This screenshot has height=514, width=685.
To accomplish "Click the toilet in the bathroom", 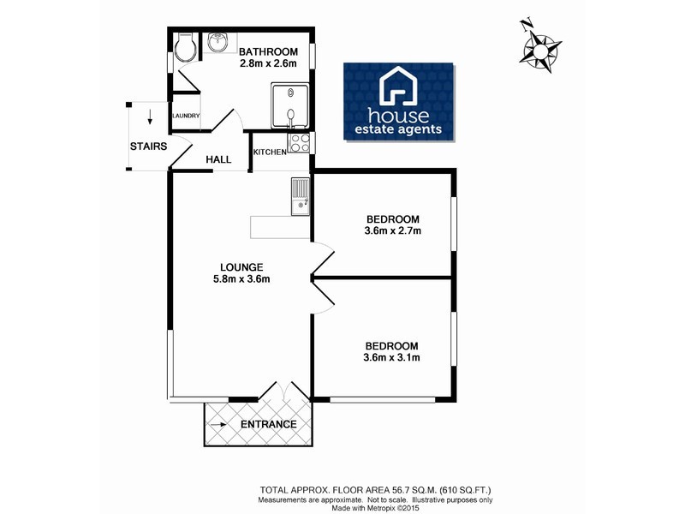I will click(182, 49).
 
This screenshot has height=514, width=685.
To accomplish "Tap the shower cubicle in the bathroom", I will click(292, 107).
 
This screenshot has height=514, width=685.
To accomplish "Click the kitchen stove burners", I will click(299, 143).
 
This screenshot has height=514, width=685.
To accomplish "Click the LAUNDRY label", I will click(186, 117).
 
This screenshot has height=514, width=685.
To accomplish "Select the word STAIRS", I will click(147, 146).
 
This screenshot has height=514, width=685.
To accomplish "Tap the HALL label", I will click(218, 158).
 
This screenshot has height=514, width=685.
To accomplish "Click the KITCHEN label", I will click(270, 152).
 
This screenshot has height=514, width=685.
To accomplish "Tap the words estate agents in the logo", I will click(399, 130).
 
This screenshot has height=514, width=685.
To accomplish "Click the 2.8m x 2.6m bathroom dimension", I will click(268, 63).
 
